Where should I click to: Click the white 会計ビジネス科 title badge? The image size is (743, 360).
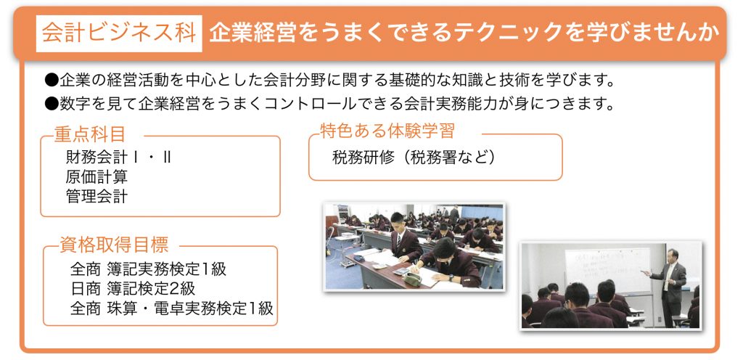(x=119, y=33)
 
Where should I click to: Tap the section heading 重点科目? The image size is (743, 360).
(x=89, y=134)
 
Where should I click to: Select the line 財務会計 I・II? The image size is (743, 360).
(x=118, y=157)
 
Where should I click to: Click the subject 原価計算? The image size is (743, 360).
(x=97, y=176)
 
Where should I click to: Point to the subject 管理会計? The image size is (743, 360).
(x=97, y=196)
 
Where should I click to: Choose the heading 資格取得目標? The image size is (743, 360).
(x=114, y=245)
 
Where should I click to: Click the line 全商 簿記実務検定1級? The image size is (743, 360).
(x=148, y=269)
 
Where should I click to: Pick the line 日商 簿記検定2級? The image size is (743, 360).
(x=132, y=288)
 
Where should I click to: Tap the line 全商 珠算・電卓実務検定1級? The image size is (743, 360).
(x=171, y=308)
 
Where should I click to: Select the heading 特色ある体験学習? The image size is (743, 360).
(x=387, y=131)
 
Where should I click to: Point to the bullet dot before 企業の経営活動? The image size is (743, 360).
(x=52, y=81)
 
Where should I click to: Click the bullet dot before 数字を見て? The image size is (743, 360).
(x=52, y=103)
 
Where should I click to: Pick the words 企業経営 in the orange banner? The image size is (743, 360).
(x=248, y=33)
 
